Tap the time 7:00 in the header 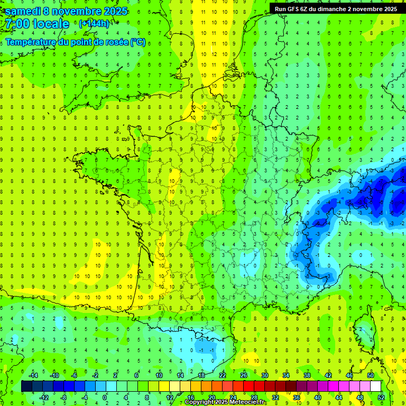click(x=16, y=24)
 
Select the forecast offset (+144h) click(x=94, y=24)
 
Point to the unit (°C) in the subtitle click(x=138, y=42)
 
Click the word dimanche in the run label click(x=338, y=9)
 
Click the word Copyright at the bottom click(x=198, y=402)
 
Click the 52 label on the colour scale click(x=381, y=398)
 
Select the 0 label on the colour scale click(x=105, y=398)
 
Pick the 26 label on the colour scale click(x=244, y=375)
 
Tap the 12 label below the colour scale click(x=169, y=398)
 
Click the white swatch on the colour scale click(x=376, y=386)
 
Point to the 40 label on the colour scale click(x=318, y=398)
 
